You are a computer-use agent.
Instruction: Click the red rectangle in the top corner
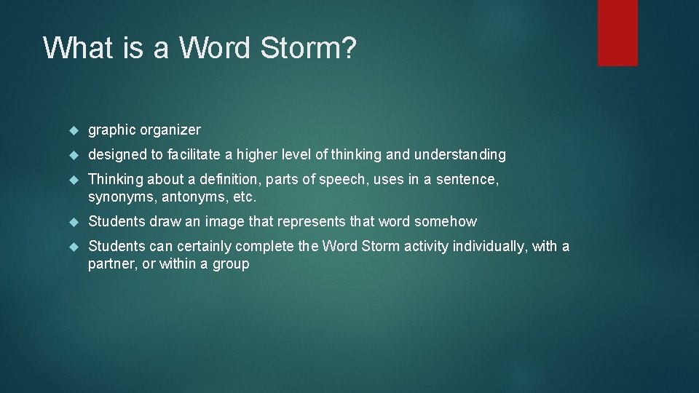pos(617,33)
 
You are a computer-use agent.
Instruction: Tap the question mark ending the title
pos(348,48)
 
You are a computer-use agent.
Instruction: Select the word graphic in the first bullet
pos(112,130)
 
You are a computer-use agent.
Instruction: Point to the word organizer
pos(170,130)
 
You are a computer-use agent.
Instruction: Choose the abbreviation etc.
pos(244,197)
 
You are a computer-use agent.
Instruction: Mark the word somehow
pos(446,222)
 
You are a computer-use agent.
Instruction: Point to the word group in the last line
pos(231,265)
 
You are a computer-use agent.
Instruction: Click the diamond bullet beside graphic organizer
pos(73,131)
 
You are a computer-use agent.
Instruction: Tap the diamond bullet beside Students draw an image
pos(73,222)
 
